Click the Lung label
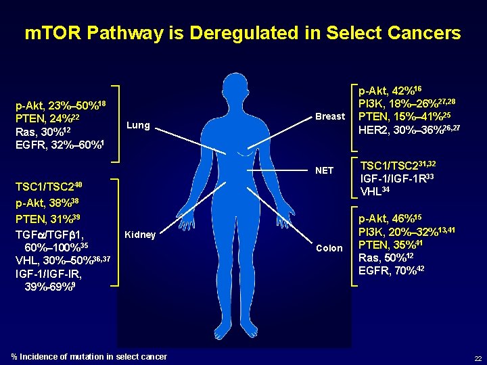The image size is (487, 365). [x=138, y=125]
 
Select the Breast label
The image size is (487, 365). [x=330, y=116]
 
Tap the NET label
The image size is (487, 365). [x=325, y=170]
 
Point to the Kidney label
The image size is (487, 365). [x=140, y=235]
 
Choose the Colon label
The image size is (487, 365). [x=329, y=248]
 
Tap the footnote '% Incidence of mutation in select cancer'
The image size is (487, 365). [x=89, y=356]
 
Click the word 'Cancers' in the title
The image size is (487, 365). [x=419, y=32]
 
